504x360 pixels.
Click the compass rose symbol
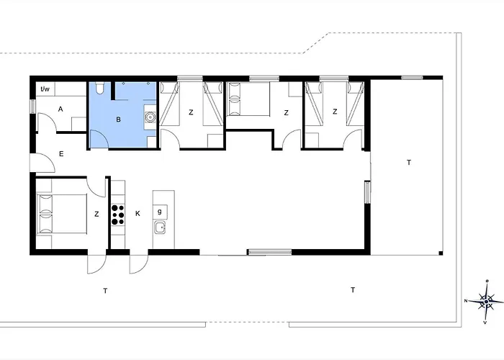click(486, 301)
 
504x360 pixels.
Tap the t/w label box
click(45, 89)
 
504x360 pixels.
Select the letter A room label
click(60, 109)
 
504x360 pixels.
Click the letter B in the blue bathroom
click(118, 120)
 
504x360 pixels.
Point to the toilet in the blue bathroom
click(99, 88)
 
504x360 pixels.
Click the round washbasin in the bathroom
click(150, 117)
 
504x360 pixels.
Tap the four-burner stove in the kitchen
click(118, 215)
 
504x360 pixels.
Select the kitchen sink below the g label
click(160, 228)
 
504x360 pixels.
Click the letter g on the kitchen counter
click(160, 212)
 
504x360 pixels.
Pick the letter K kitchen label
click(138, 213)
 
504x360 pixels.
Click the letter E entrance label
click(61, 154)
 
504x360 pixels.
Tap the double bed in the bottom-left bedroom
click(62, 213)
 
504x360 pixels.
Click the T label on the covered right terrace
click(409, 163)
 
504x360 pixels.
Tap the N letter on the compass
click(465, 301)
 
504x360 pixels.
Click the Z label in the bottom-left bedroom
click(96, 214)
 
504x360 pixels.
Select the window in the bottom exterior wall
click(270, 252)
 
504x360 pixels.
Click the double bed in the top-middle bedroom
click(248, 99)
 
